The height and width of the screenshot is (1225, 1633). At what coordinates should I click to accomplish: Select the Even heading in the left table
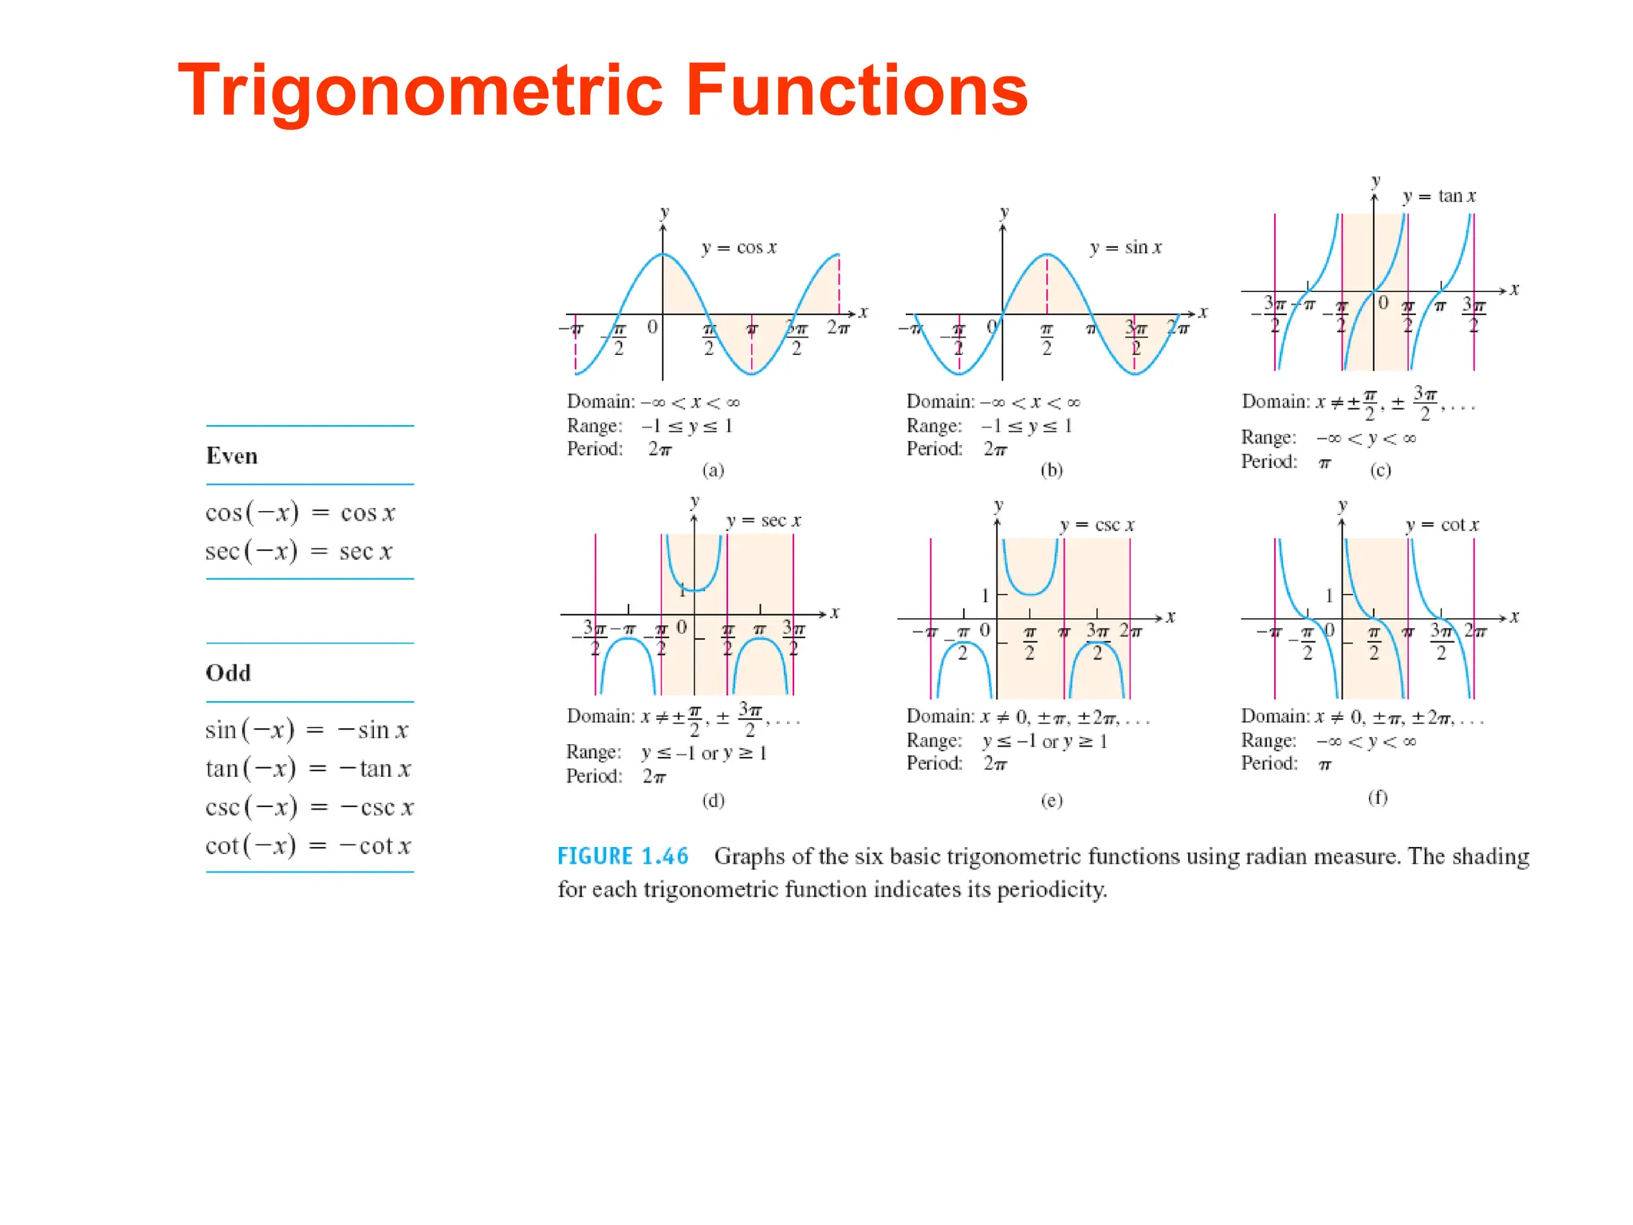[x=232, y=456]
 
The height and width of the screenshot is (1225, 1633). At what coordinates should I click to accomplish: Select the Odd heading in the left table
[x=228, y=673]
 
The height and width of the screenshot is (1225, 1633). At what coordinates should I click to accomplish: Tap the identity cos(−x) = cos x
[x=300, y=513]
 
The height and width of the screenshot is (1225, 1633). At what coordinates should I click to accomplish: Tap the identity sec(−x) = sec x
[x=299, y=551]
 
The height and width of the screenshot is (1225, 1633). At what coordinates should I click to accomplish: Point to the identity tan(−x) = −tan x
[x=308, y=769]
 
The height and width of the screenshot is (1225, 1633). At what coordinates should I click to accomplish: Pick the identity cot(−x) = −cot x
[x=308, y=845]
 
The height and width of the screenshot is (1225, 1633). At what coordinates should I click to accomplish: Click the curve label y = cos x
[x=738, y=248]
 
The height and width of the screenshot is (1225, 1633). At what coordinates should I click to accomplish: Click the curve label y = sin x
[x=1126, y=248]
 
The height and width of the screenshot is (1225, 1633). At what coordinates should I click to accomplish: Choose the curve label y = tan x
[x=1439, y=196]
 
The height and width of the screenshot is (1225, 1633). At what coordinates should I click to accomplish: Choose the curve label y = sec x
[x=763, y=521]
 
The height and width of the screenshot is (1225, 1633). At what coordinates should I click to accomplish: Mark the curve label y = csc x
[x=1097, y=525]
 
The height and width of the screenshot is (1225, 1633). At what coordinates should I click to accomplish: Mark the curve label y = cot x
[x=1442, y=525]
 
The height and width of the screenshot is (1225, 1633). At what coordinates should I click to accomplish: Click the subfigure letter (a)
[x=713, y=471]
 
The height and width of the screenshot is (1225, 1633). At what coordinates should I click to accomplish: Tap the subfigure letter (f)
[x=1378, y=798]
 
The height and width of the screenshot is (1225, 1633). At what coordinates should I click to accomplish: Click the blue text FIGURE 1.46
[x=623, y=857]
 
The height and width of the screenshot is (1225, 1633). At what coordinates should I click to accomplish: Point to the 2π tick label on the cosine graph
[x=838, y=327]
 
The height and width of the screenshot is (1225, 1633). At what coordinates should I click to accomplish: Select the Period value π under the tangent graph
[x=1324, y=463]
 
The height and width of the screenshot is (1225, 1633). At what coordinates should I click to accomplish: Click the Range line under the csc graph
[x=1006, y=741]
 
